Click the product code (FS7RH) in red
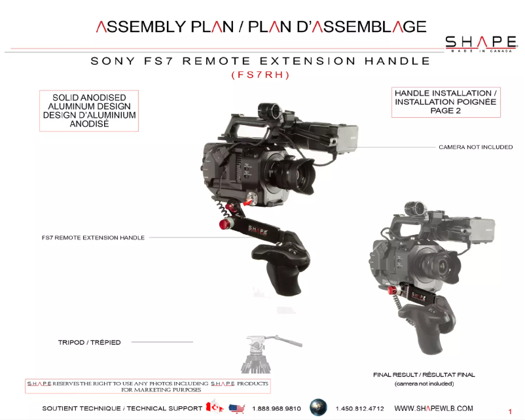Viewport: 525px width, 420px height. [x=261, y=75]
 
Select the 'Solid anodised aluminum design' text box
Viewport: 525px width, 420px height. [x=89, y=111]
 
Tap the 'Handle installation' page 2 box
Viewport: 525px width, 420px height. [x=446, y=102]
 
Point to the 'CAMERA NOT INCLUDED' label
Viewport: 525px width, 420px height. [x=475, y=147]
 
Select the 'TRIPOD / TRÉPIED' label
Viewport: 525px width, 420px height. [x=90, y=342]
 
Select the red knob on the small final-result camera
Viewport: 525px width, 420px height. [x=392, y=290]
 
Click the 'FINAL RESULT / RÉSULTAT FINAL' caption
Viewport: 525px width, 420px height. [x=424, y=375]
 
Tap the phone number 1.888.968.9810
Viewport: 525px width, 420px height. [x=276, y=408]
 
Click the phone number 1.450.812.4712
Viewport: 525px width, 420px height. [x=359, y=408]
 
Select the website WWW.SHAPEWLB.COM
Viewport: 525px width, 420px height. [x=433, y=408]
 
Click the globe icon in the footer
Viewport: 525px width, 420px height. [x=318, y=407]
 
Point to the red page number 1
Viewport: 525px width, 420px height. [x=510, y=411]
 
